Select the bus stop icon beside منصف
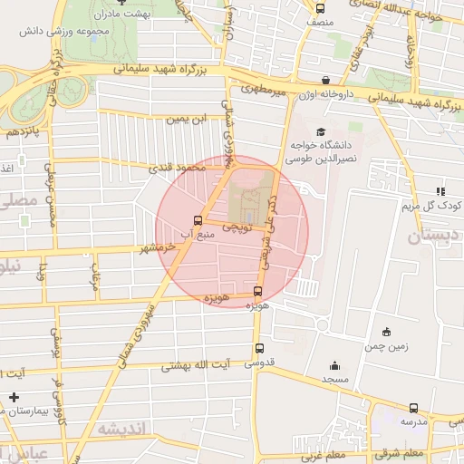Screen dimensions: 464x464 click(x=318, y=5)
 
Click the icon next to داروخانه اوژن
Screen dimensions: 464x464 click(x=326, y=80)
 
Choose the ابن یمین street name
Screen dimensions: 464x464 click(x=185, y=119)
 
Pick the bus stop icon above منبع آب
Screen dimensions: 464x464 click(x=198, y=220)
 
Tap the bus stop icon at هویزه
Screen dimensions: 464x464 click(x=258, y=291)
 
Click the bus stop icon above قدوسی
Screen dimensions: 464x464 click(x=260, y=348)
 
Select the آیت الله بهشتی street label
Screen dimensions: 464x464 click(x=197, y=366)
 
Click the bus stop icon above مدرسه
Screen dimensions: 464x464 click(x=414, y=408)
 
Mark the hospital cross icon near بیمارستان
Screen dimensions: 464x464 click(x=14, y=397)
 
